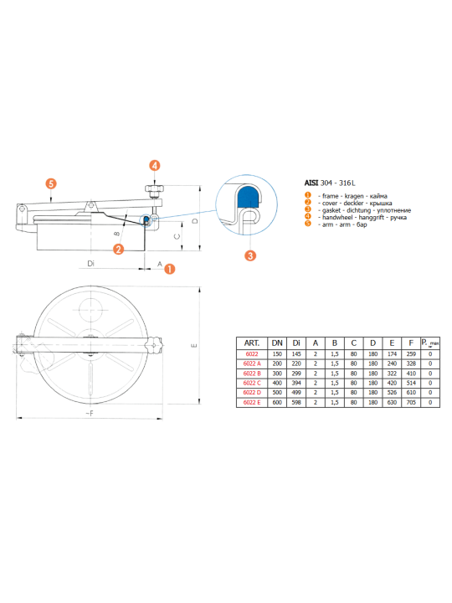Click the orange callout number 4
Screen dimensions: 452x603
pos(155,166)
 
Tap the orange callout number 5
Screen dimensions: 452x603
pos(51,183)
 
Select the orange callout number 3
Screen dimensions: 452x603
pos(250,255)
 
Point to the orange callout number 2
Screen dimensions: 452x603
pos(118,250)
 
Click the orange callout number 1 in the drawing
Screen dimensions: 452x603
pos(169,269)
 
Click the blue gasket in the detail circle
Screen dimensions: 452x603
pos(249,197)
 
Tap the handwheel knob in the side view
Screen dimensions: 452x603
pos(154,188)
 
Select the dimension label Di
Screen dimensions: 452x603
pos(90,264)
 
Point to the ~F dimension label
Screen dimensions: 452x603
pos(90,414)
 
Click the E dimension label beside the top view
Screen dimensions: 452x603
pos(194,345)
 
